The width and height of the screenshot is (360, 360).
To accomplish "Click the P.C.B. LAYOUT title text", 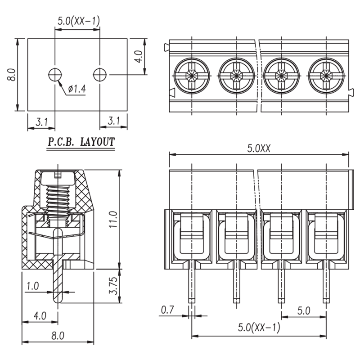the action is point(81,142).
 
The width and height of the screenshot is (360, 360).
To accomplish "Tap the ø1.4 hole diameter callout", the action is point(77,89).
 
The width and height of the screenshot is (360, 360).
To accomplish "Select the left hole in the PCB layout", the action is point(55,75).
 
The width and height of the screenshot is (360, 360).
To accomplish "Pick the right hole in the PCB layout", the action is point(100,75).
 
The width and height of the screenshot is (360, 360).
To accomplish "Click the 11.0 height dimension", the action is point(113,220).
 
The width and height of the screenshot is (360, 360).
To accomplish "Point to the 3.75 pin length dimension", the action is point(113,286).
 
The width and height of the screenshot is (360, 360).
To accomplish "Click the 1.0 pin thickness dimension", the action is point(33,286).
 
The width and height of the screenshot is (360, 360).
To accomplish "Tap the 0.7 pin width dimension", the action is point(167,310).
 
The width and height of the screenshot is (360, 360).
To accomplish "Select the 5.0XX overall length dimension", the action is point(259,148).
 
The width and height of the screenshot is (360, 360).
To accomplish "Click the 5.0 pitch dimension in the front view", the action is point(304,310).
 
